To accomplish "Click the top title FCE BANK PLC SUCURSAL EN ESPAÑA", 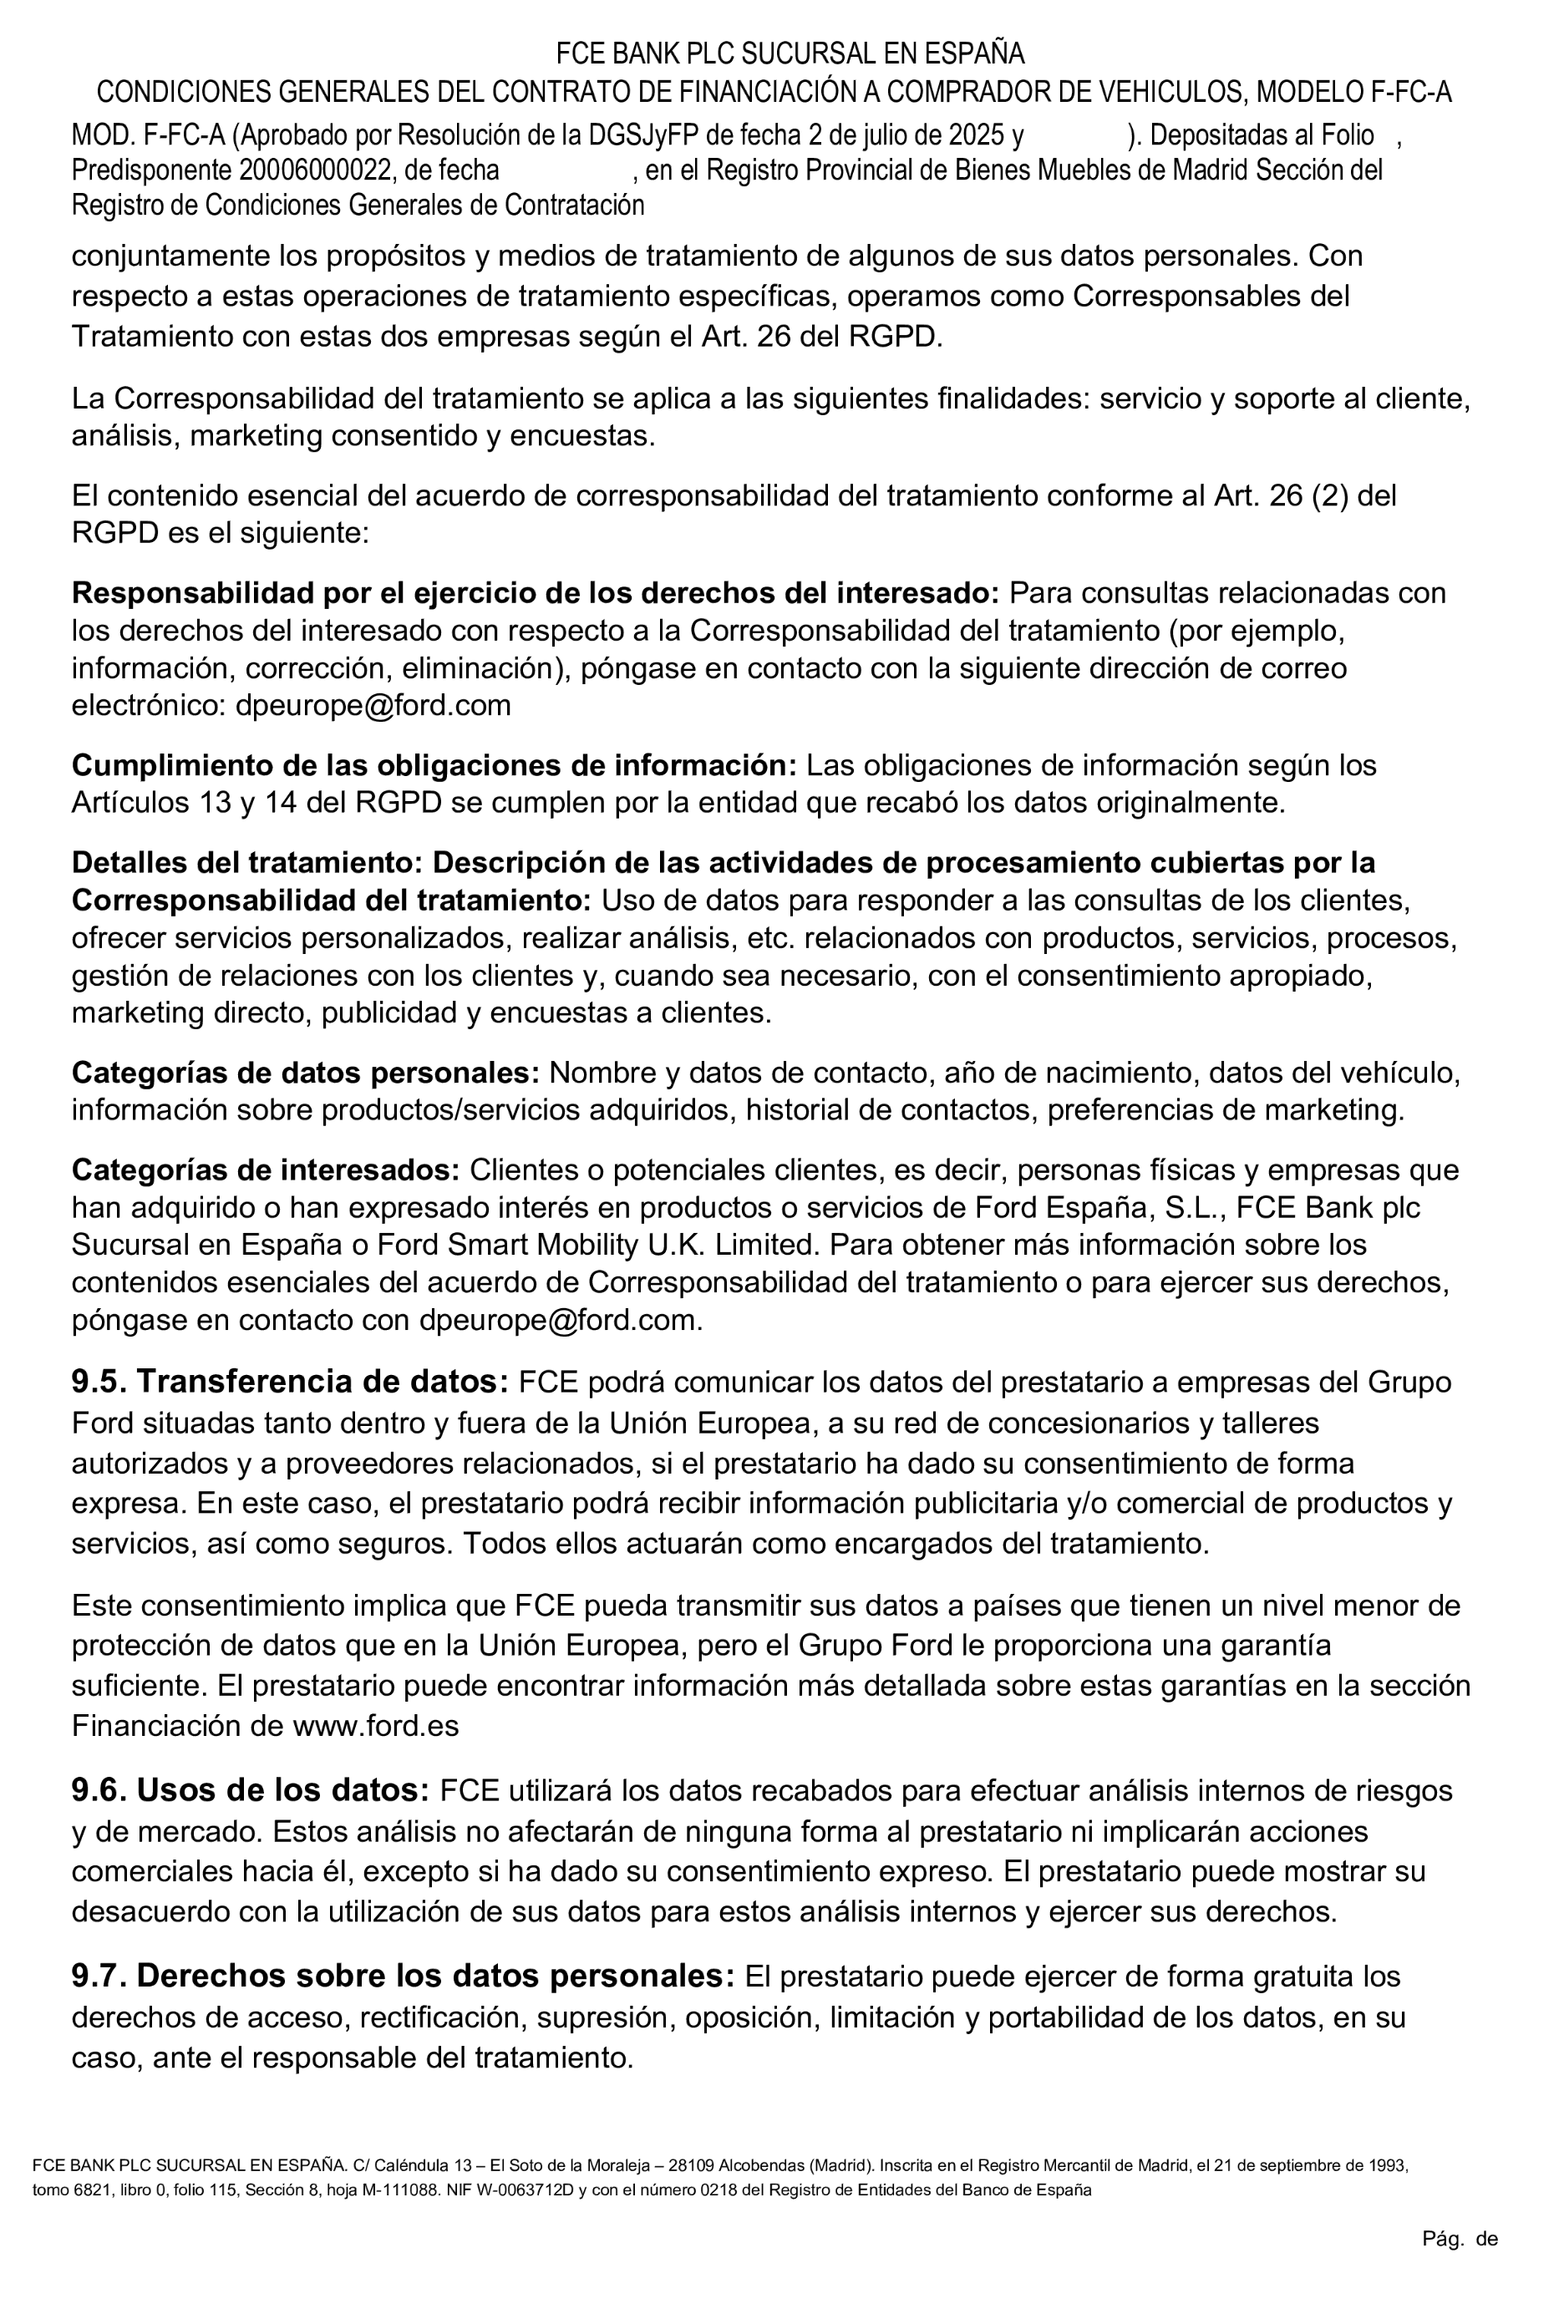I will [x=789, y=53].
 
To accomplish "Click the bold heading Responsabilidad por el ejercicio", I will [x=535, y=592].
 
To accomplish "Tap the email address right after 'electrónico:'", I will [x=373, y=705].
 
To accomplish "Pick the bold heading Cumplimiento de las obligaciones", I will [x=434, y=765].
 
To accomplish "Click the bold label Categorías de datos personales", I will [x=305, y=1073].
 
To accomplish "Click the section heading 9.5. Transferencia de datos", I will [x=289, y=1383].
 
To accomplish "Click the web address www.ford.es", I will [x=376, y=1727].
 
